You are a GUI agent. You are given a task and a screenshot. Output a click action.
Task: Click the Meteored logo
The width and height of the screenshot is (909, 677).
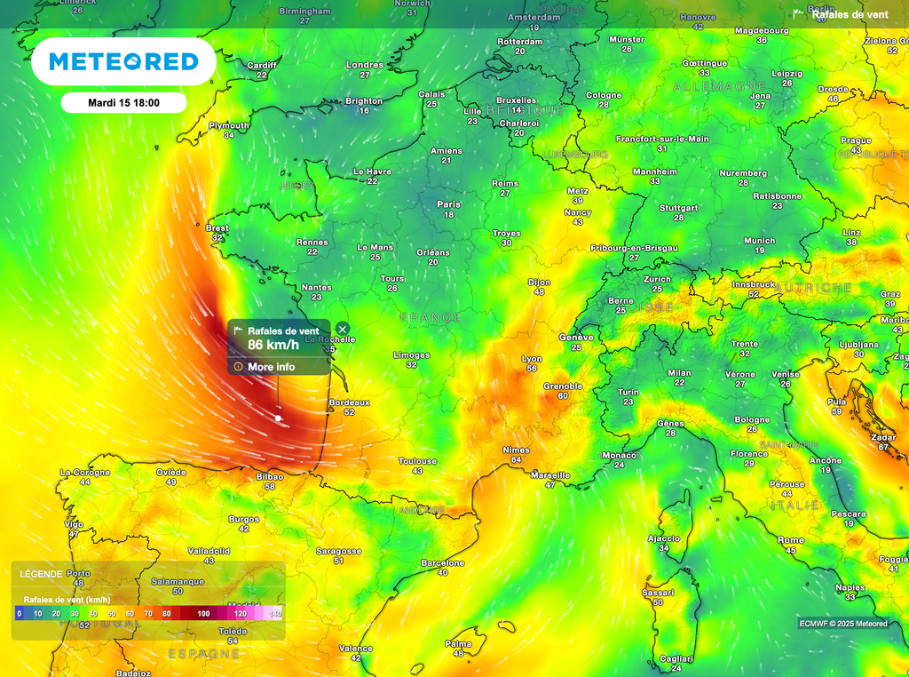point(123,61)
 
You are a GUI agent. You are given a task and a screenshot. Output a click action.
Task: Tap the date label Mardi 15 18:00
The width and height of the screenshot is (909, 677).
point(123,103)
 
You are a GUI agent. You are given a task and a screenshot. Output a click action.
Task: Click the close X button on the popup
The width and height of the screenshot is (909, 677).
point(343,329)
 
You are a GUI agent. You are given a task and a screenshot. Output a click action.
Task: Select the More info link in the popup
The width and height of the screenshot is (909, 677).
point(271,367)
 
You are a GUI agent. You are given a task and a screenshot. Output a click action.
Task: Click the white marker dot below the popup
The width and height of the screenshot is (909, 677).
point(279,418)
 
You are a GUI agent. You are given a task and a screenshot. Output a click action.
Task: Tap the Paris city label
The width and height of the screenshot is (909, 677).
point(448,204)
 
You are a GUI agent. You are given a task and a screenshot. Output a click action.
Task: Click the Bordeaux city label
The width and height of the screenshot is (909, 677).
point(349,402)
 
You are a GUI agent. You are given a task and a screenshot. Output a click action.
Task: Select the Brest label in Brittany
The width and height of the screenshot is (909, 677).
point(217,228)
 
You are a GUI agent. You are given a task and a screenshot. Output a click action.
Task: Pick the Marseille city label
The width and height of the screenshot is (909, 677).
point(550,475)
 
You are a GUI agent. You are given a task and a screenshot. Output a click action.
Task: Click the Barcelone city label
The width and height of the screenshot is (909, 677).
point(443,563)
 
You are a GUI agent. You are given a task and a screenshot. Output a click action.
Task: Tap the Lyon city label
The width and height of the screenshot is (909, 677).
point(532,358)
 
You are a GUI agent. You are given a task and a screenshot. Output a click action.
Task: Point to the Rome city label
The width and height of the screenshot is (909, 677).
point(791,540)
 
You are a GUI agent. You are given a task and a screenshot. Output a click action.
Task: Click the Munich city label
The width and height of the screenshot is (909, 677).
point(760,241)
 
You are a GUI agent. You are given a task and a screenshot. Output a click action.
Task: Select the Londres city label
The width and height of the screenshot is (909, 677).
point(365,65)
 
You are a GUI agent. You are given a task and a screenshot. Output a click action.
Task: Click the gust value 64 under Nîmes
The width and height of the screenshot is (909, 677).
point(517,460)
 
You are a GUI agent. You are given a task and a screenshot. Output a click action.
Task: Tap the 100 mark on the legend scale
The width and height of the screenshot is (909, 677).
point(204,613)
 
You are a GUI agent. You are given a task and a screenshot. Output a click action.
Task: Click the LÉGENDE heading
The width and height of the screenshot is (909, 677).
point(41,574)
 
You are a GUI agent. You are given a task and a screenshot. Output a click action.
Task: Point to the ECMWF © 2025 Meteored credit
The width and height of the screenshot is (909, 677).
point(842,624)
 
